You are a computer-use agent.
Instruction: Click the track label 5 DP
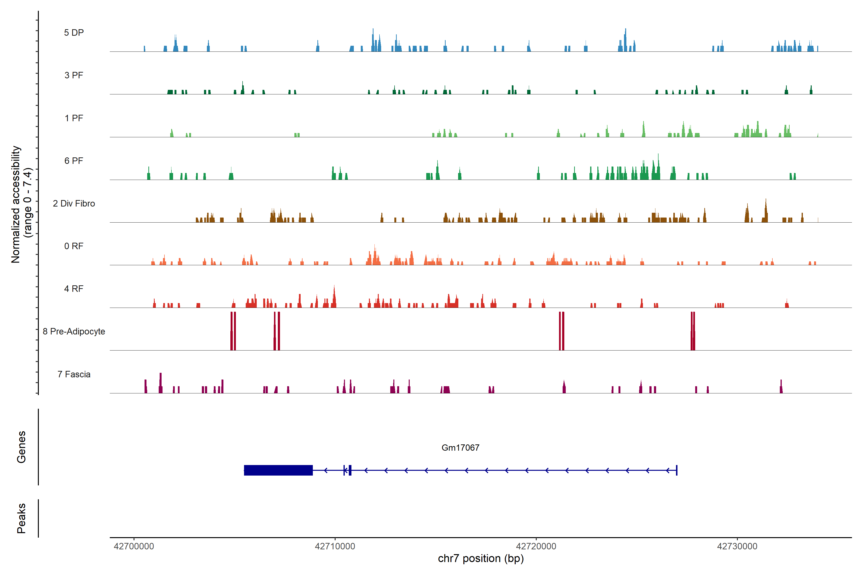click(74, 33)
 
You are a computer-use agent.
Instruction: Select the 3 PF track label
click(74, 75)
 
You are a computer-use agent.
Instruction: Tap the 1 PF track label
click(74, 118)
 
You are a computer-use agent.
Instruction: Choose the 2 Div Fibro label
click(74, 203)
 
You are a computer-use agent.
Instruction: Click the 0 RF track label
click(74, 246)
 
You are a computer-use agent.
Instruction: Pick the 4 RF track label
click(74, 289)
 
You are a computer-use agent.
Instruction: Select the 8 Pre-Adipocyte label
click(74, 332)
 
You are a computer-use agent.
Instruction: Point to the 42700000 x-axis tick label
click(134, 546)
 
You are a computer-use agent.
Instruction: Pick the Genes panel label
click(21, 447)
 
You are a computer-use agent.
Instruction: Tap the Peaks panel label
click(21, 518)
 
